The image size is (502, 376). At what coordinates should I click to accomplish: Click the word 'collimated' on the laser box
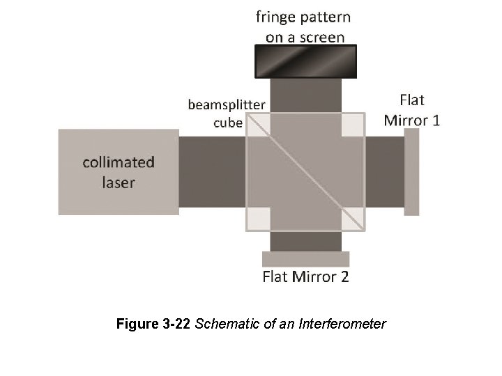pyautogui.click(x=119, y=162)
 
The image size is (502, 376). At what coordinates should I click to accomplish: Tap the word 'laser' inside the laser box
pyautogui.click(x=119, y=182)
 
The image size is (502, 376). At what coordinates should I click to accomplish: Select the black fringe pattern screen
pyautogui.click(x=305, y=61)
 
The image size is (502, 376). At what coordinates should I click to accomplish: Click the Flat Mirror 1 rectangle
pyautogui.click(x=411, y=172)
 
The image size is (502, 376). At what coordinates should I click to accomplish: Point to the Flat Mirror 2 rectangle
pyautogui.click(x=306, y=259)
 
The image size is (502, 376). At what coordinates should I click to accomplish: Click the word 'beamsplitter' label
pyautogui.click(x=227, y=105)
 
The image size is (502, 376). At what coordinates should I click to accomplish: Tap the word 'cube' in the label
pyautogui.click(x=228, y=123)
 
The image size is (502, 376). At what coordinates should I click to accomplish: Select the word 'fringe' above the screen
pyautogui.click(x=275, y=17)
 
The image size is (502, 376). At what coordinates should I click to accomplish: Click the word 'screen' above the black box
pyautogui.click(x=322, y=38)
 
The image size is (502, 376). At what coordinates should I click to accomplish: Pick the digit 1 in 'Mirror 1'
pyautogui.click(x=436, y=120)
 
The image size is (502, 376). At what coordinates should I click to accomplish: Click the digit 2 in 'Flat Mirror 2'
pyautogui.click(x=344, y=276)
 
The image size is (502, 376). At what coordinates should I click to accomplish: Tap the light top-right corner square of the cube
pyautogui.click(x=353, y=125)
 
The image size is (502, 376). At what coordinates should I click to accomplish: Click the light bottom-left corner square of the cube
pyautogui.click(x=259, y=219)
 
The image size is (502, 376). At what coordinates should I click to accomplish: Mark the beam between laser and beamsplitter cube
pyautogui.click(x=212, y=172)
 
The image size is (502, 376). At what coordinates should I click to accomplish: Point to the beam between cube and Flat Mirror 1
pyautogui.click(x=385, y=172)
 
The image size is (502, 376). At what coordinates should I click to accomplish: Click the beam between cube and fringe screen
pyautogui.click(x=306, y=95)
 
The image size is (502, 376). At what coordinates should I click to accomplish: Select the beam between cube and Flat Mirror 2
pyautogui.click(x=306, y=241)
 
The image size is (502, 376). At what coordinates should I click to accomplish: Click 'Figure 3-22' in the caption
pyautogui.click(x=153, y=324)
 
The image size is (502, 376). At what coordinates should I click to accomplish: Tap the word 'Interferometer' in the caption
pyautogui.click(x=342, y=324)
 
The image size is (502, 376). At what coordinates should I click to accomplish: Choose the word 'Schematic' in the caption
pyautogui.click(x=227, y=324)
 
